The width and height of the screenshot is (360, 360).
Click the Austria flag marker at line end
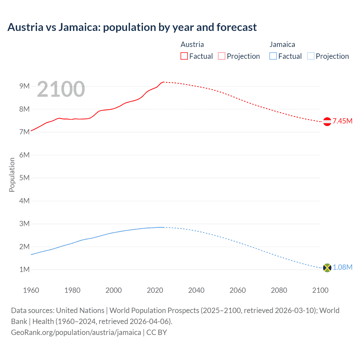[327, 121]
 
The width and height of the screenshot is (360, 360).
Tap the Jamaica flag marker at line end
[327, 268]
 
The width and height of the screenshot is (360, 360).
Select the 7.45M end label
[342, 121]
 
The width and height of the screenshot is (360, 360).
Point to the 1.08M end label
[342, 267]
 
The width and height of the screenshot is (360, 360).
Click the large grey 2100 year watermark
[61, 89]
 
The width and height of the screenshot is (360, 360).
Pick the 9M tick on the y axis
[24, 86]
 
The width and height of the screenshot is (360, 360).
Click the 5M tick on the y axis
[24, 178]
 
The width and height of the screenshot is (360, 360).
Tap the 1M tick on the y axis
[24, 269]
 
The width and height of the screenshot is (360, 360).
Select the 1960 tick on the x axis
[31, 290]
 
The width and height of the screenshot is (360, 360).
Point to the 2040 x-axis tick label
[196, 290]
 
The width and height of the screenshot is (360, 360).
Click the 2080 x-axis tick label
[279, 290]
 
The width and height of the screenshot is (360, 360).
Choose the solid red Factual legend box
[184, 56]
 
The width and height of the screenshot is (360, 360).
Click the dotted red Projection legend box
[222, 56]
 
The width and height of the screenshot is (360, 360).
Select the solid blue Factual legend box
[273, 56]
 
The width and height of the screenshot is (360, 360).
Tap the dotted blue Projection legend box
[310, 56]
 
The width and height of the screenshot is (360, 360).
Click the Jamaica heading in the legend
[282, 44]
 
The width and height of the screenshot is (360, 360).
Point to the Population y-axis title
[12, 175]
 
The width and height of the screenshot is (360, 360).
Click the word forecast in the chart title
[237, 27]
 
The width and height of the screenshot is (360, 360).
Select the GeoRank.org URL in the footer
[76, 332]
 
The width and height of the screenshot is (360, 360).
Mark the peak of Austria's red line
[163, 82]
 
